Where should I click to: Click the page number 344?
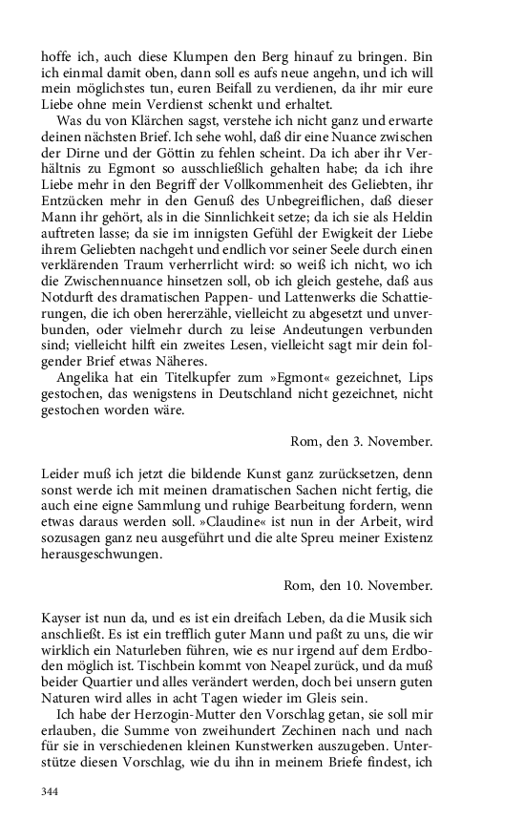51,791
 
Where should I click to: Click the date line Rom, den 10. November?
357,584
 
